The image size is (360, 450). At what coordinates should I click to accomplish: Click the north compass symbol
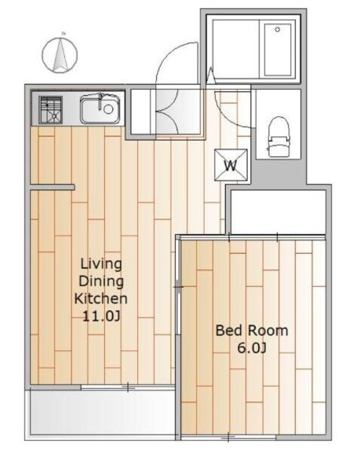(x=60, y=54)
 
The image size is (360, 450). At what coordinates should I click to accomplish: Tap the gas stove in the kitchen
(x=51, y=110)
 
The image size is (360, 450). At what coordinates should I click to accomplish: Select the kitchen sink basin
(x=100, y=108)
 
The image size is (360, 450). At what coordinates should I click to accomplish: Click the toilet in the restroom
(x=278, y=136)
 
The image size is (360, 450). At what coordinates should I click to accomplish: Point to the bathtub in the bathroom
(x=278, y=49)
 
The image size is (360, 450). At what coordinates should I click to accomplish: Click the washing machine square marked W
(x=231, y=165)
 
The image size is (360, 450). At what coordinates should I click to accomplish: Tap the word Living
(x=101, y=264)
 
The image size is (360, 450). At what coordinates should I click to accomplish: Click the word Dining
(x=101, y=281)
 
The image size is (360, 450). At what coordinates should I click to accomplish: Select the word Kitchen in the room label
(x=101, y=298)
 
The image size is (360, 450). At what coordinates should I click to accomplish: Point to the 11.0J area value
(x=101, y=316)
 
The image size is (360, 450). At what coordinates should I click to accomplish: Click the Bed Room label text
(x=252, y=330)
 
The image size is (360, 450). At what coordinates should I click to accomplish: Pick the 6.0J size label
(x=252, y=348)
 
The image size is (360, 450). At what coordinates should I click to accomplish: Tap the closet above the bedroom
(x=278, y=212)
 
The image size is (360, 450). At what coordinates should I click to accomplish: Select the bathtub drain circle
(x=277, y=30)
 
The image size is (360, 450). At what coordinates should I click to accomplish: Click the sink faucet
(x=100, y=101)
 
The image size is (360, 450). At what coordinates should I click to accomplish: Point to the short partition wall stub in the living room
(x=53, y=188)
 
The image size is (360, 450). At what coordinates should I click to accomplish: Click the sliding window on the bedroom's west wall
(x=179, y=287)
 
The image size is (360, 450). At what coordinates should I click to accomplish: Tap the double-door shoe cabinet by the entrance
(x=166, y=112)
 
